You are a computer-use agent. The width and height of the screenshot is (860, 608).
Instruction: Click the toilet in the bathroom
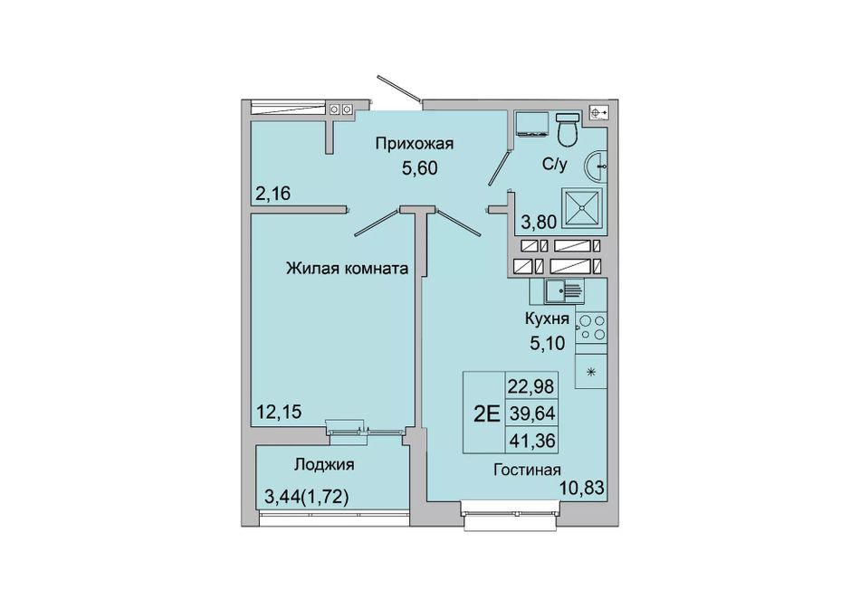point(568,128)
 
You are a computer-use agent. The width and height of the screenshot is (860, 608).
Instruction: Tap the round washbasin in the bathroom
point(596,164)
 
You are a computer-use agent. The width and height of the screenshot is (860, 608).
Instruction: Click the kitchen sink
point(564,290)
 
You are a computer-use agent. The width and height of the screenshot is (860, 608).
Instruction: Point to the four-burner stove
point(591,327)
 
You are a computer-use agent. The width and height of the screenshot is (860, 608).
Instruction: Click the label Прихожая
point(414,144)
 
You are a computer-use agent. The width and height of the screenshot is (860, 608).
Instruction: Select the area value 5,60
point(419,167)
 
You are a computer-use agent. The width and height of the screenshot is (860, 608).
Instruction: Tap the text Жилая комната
point(348,269)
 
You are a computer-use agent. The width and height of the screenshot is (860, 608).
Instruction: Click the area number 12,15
point(279,411)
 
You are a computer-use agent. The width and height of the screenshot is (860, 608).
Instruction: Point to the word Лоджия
point(324,465)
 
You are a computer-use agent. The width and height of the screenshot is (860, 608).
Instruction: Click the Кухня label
point(547,318)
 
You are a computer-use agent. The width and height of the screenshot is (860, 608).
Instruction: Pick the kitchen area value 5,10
point(547,343)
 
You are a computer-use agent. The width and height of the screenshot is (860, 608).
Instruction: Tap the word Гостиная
point(527,470)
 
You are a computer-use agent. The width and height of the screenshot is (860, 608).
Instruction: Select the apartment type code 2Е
point(486,413)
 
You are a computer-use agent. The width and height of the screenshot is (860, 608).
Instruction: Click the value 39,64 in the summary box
point(532,413)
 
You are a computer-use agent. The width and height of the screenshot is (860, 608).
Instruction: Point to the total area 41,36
point(532,440)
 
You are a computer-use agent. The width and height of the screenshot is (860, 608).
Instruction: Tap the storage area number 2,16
point(272,193)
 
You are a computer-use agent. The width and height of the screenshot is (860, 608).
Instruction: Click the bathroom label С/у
point(555,164)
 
